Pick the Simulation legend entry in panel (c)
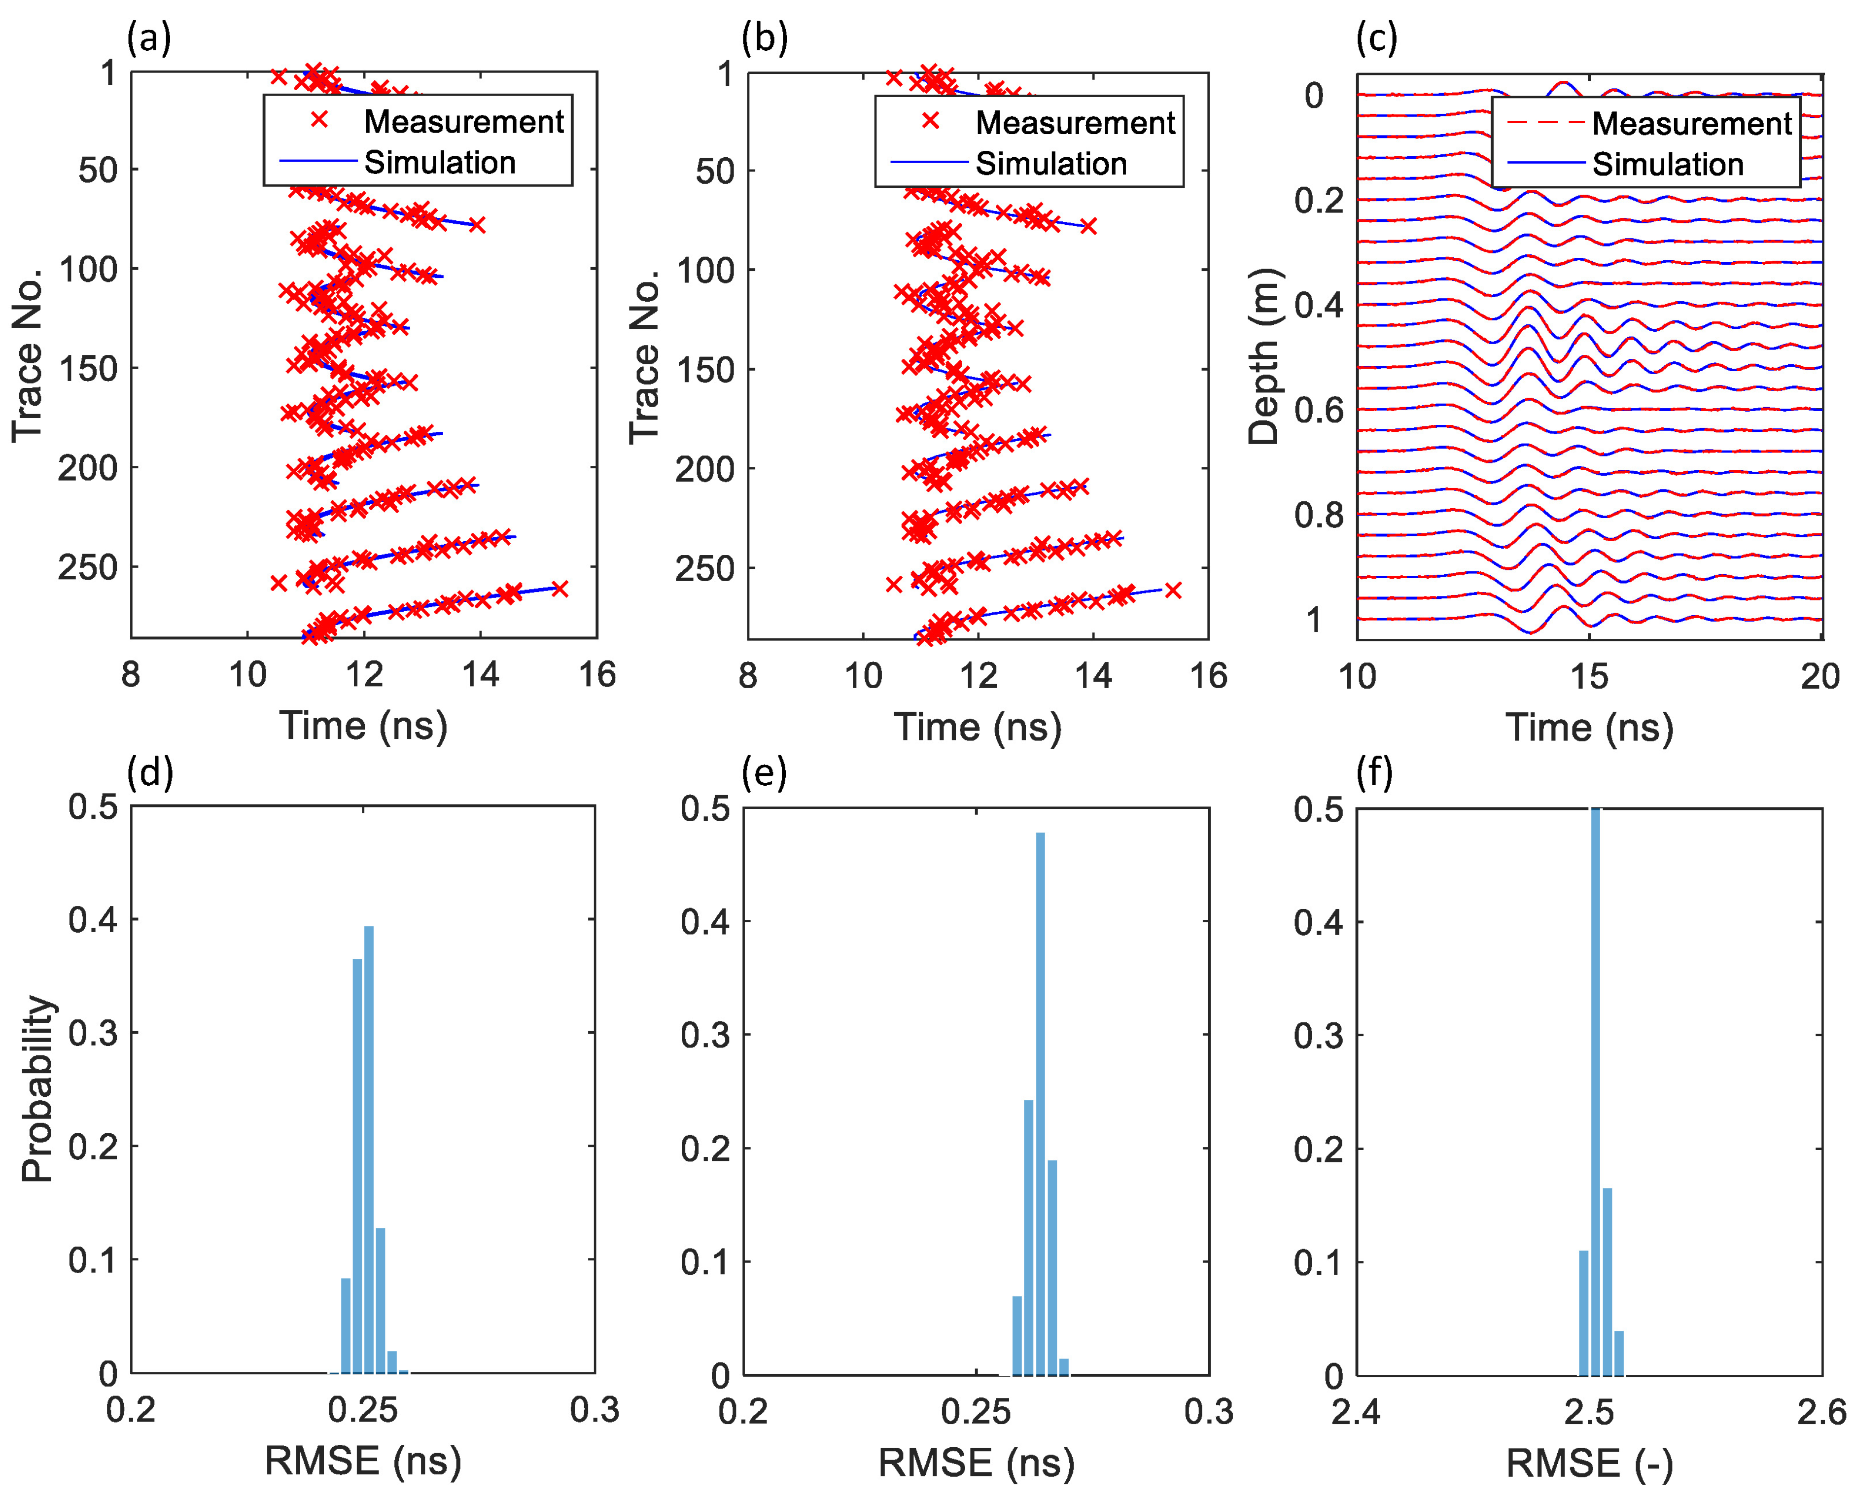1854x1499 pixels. coord(1667,164)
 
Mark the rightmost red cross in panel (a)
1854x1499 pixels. coord(560,589)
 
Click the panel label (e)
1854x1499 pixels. coord(764,773)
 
